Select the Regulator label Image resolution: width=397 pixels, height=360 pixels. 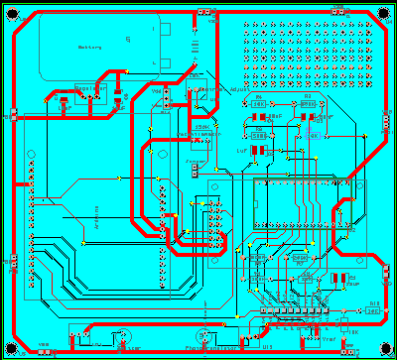coord(91,88)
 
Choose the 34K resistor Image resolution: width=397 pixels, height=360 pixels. coord(258,102)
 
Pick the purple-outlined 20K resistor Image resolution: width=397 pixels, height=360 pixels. coord(316,136)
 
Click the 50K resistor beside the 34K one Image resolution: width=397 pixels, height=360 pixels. coord(307,102)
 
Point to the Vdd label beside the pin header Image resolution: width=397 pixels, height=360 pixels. coord(157,89)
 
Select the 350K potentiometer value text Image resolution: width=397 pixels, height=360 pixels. coord(202,127)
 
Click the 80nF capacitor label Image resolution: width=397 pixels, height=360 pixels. coord(275,116)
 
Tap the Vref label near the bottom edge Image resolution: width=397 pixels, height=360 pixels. coord(330,336)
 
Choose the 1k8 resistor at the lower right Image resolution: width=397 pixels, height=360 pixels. coord(372,309)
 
